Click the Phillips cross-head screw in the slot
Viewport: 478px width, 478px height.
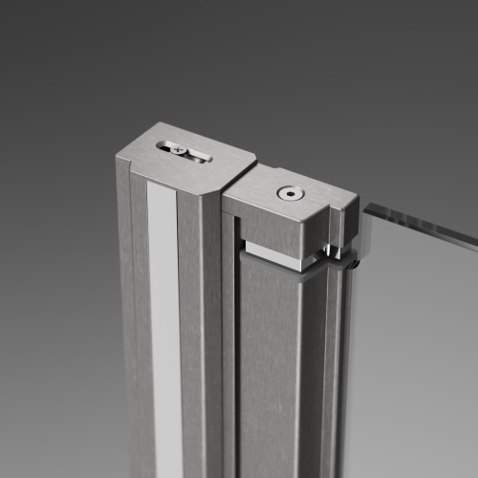(174, 148)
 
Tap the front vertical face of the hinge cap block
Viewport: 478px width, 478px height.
(277, 229)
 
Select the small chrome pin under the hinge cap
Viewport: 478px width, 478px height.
(330, 250)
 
